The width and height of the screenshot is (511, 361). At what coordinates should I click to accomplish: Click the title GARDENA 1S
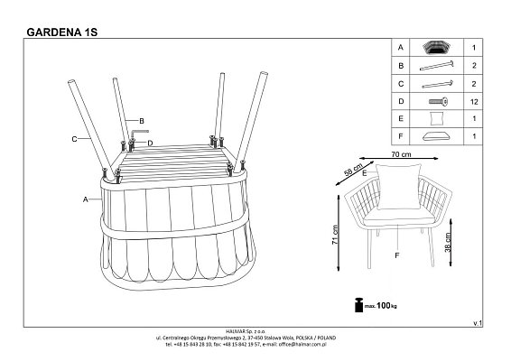point(62,32)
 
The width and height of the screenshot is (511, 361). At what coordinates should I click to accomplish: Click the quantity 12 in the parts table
point(474,102)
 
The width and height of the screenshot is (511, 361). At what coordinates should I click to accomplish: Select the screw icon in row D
point(438,102)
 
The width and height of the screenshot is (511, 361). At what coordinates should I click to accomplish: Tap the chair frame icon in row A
point(436,48)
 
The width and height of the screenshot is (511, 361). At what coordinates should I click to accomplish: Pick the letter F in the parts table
point(401,136)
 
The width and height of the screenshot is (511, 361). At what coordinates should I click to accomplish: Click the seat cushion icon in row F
point(436,136)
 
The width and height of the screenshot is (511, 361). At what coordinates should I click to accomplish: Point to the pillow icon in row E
point(437,118)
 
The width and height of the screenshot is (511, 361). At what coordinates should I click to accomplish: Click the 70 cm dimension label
point(401,154)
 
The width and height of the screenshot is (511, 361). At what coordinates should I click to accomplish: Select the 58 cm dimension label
point(353,170)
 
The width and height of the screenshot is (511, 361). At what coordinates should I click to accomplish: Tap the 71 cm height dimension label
point(335,235)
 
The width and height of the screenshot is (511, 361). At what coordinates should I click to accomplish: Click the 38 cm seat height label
point(448,242)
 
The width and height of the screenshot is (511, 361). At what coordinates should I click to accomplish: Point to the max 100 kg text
point(380,306)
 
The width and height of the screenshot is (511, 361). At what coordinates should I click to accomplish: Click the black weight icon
point(358,305)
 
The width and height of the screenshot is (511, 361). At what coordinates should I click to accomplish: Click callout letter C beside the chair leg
point(74,139)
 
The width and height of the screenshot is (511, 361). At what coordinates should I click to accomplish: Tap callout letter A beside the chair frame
point(86,199)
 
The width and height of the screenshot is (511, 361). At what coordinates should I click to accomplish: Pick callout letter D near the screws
point(150,143)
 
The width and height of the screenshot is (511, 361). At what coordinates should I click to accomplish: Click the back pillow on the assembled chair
point(398,186)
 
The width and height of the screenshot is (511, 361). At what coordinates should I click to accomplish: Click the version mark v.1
point(478,323)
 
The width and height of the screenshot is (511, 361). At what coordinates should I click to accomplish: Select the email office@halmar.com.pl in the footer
point(302,344)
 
